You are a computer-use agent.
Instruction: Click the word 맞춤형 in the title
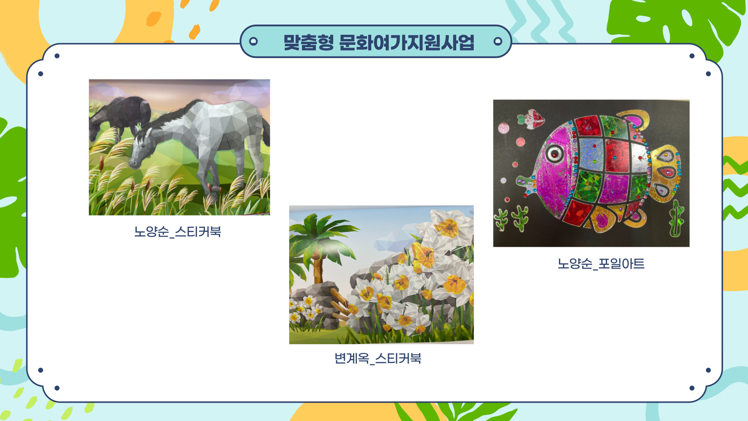tap(309, 42)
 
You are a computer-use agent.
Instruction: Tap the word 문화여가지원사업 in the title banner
tap(407, 42)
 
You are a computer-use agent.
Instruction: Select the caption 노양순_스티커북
tap(178, 232)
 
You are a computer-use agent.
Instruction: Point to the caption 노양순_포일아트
tap(601, 264)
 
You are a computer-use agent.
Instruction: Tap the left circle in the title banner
tap(253, 41)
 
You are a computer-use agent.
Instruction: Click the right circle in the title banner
tap(497, 41)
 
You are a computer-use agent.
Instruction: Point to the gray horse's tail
tap(266, 133)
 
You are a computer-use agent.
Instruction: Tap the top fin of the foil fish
tap(633, 119)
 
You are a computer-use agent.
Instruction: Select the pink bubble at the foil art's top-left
tap(503, 128)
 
